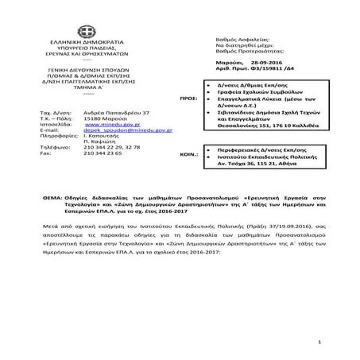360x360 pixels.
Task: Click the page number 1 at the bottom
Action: [316, 341]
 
